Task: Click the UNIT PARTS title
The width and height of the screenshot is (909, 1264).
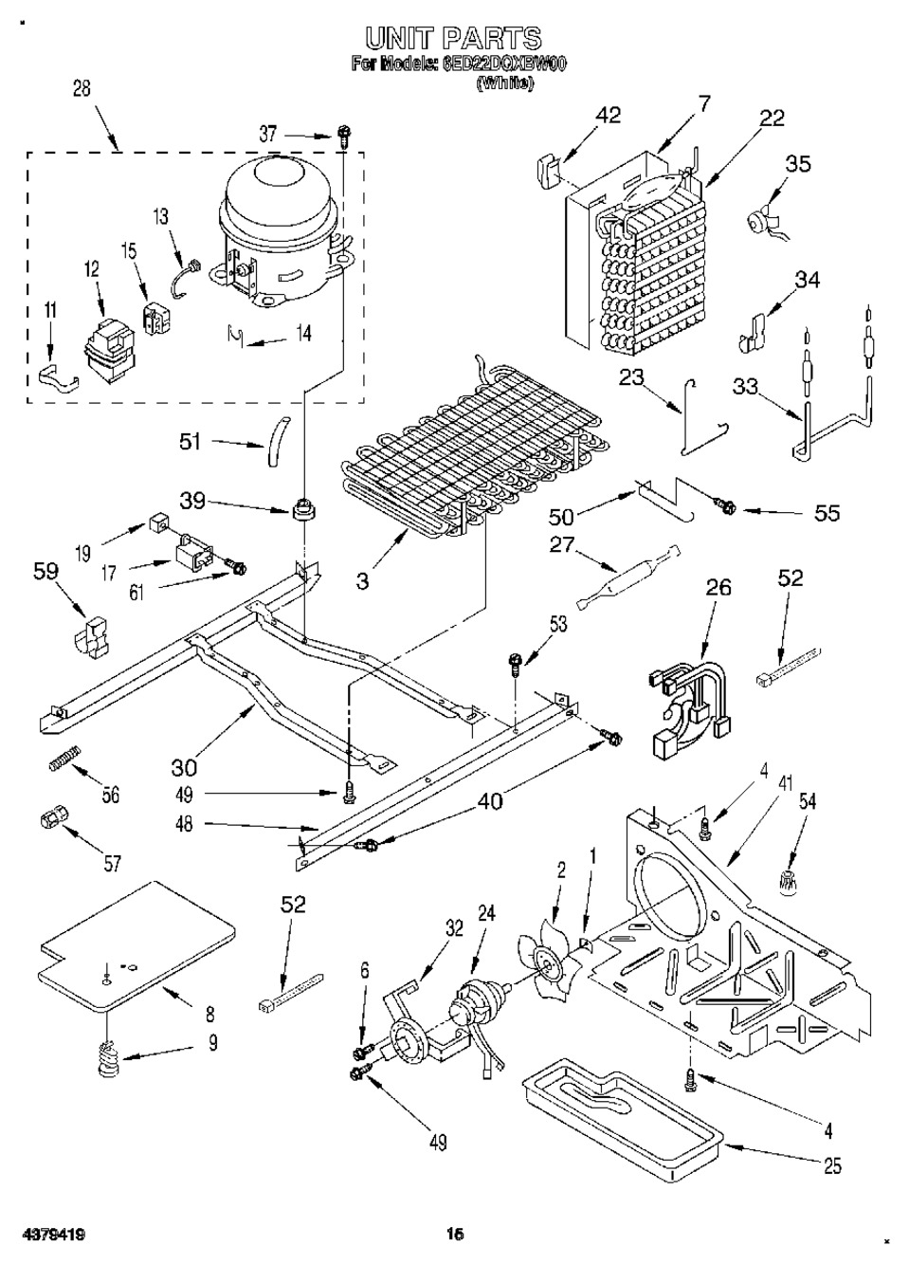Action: click(x=453, y=39)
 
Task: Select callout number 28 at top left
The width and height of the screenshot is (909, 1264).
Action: click(x=82, y=89)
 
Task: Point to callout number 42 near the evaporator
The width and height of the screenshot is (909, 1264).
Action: click(x=608, y=115)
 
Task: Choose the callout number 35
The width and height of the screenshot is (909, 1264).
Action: click(x=798, y=164)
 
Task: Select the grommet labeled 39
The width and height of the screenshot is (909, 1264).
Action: click(x=304, y=510)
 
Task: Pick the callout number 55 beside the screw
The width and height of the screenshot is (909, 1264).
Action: click(x=827, y=513)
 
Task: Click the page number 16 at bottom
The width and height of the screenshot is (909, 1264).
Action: click(x=455, y=1234)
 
